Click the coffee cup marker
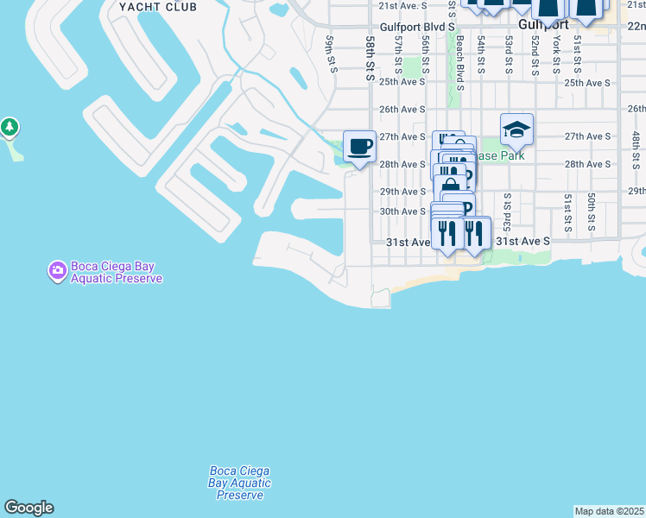click(x=359, y=145)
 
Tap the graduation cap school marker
click(x=516, y=129)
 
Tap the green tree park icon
click(x=10, y=128)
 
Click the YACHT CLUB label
click(x=158, y=7)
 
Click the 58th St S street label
click(x=370, y=59)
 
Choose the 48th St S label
click(x=635, y=149)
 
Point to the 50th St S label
click(x=592, y=212)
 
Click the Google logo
click(x=28, y=508)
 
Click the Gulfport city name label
click(x=541, y=26)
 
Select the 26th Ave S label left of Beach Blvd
click(x=402, y=110)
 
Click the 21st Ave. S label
click(x=403, y=6)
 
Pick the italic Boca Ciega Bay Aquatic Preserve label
click(x=239, y=483)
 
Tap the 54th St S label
click(x=481, y=54)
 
